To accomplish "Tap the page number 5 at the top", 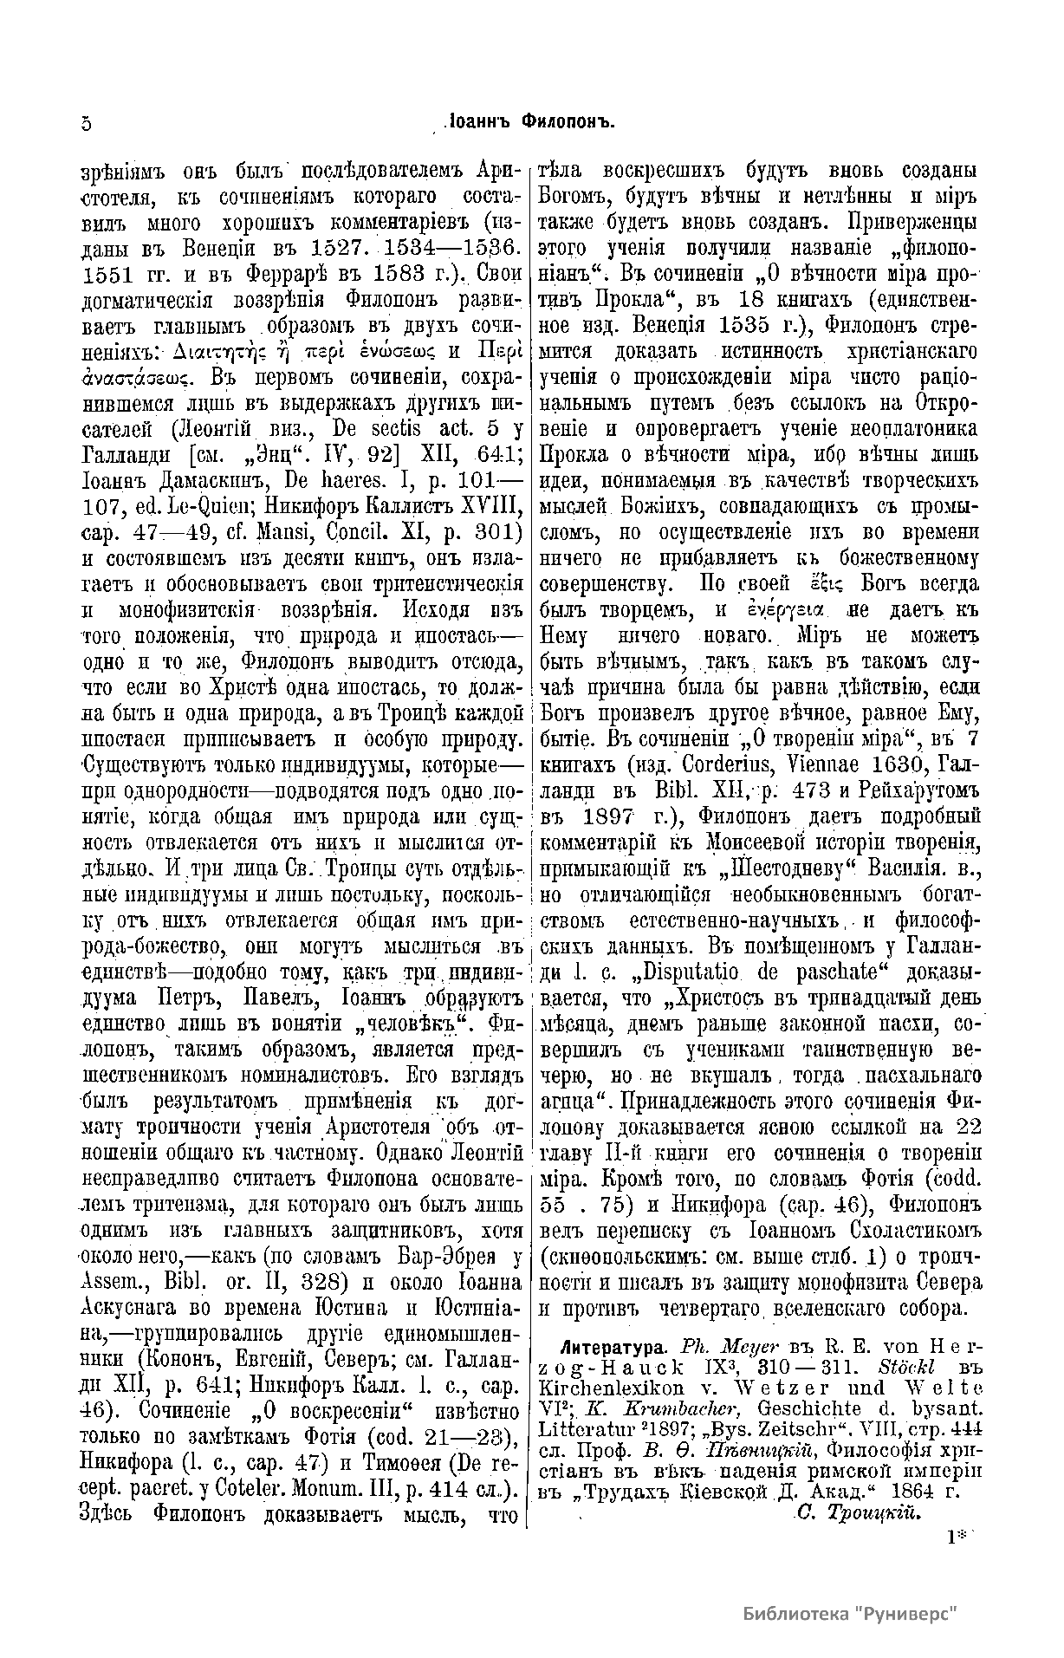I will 85,123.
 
